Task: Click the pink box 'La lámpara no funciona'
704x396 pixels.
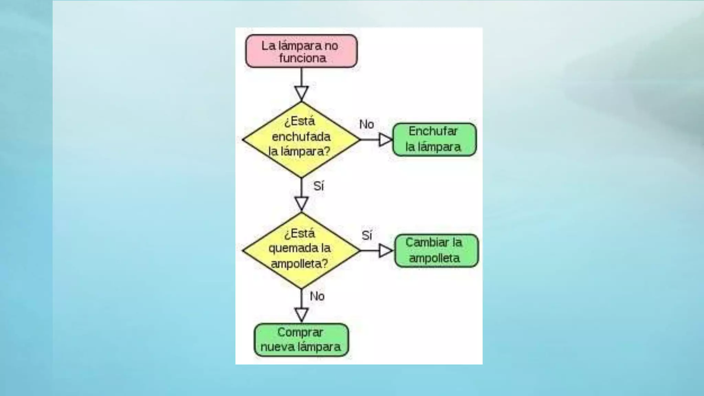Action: [x=301, y=51]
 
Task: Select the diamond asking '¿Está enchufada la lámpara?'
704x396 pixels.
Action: [x=301, y=140]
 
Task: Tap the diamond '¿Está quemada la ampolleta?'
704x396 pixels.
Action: [x=301, y=250]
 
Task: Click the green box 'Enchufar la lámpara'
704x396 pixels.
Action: [x=434, y=139]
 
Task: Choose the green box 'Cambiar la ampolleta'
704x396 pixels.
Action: [x=436, y=251]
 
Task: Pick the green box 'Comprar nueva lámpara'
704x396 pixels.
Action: [x=301, y=340]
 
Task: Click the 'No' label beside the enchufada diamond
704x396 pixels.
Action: [x=366, y=124]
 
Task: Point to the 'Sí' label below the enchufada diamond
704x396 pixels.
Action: [x=318, y=186]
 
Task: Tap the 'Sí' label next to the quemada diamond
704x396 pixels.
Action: [x=367, y=235]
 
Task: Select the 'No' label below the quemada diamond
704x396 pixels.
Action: [x=317, y=296]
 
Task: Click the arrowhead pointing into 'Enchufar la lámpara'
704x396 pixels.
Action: [x=385, y=140]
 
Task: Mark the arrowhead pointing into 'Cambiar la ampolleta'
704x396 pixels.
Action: [x=386, y=251]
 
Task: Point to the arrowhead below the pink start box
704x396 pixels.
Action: [x=301, y=93]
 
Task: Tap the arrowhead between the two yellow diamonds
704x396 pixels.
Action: [x=301, y=203]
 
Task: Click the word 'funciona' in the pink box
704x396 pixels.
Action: [x=302, y=58]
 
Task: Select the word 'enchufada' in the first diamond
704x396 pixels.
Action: [x=301, y=136]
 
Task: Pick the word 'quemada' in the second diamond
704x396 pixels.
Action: [x=289, y=248]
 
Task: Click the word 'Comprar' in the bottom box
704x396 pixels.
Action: [x=300, y=332]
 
